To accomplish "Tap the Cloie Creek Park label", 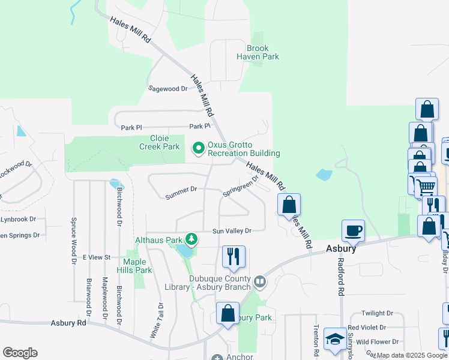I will (159, 142).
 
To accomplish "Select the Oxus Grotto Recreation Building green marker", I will (197, 147).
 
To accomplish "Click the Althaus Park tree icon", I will (191, 240).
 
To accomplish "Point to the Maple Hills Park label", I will (138, 266).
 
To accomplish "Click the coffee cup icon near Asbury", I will (353, 230).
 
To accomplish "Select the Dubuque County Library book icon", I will (260, 281).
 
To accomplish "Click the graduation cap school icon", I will (335, 338).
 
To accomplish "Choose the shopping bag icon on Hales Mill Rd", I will (289, 204).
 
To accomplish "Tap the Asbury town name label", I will (342, 248).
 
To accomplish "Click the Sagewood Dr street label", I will (168, 88).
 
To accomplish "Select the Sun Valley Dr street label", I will (231, 230).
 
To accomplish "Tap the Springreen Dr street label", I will (240, 186).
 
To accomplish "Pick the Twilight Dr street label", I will (377, 313).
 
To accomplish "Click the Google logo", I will (20, 353).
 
